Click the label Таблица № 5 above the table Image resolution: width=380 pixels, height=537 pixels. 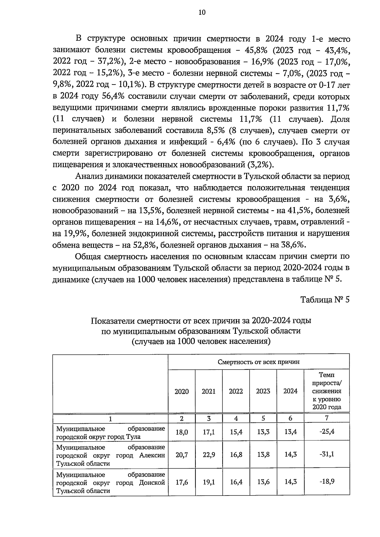click(325, 300)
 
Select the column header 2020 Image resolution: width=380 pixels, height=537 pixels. click(181, 391)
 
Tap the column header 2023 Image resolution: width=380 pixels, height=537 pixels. click(263, 391)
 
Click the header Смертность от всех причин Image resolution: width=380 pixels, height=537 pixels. click(258, 362)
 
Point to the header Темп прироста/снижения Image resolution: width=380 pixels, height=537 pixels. click(326, 391)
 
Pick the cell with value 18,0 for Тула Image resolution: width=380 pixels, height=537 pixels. click(181, 432)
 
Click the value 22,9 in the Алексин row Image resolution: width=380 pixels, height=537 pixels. click(209, 455)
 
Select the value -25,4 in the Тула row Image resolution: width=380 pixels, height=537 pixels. click(326, 432)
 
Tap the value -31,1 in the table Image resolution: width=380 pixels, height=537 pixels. click(326, 454)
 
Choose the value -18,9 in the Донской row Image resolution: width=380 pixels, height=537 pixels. click(326, 482)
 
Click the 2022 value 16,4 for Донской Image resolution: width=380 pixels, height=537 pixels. click(236, 482)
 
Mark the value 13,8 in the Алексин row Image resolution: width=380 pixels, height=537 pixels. click(263, 455)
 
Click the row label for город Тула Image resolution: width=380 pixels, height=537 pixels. click(110, 433)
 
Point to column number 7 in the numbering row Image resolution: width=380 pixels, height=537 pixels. click(326, 418)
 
